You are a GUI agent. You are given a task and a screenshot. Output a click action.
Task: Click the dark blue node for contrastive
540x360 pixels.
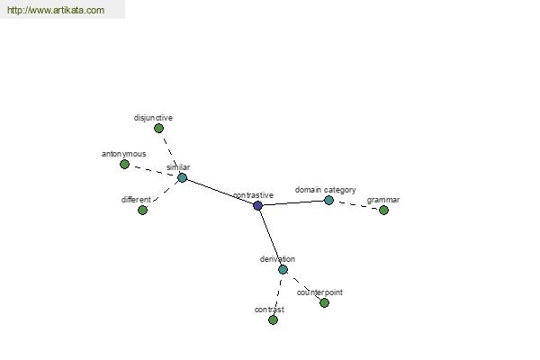(257, 206)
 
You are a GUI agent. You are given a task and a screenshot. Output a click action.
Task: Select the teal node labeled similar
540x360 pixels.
(182, 178)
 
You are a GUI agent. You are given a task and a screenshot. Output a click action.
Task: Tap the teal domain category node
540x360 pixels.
(328, 200)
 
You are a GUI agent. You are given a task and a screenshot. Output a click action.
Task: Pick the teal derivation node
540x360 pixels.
(283, 269)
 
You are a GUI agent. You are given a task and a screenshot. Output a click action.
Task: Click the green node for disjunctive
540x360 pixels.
(158, 129)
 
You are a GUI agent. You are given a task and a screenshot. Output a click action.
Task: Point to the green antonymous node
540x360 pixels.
(125, 165)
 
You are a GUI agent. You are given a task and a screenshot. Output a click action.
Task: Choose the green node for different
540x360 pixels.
(142, 210)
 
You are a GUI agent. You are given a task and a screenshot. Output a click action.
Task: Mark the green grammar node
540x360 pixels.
(383, 210)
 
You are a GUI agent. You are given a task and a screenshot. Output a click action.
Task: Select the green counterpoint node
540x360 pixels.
(324, 302)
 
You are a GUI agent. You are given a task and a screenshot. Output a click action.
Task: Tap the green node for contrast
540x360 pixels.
(273, 320)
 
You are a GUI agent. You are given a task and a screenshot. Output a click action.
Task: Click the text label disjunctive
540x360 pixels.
(153, 118)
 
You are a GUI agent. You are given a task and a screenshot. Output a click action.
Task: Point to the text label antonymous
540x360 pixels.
(123, 154)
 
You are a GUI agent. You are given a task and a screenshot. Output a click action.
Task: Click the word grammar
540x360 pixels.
(383, 200)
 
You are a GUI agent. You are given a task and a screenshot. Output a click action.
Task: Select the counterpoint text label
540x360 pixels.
(319, 292)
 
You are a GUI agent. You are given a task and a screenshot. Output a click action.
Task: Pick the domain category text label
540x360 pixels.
(326, 190)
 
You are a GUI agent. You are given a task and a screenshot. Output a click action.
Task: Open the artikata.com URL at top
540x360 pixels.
(56, 10)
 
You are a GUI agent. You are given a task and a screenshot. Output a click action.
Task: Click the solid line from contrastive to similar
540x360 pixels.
(220, 192)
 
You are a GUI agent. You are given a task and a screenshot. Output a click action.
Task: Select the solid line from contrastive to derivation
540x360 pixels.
(270, 238)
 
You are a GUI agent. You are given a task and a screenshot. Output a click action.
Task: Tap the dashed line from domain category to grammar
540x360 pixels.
(356, 205)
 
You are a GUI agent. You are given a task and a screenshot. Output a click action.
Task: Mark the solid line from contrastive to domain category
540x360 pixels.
(293, 202)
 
